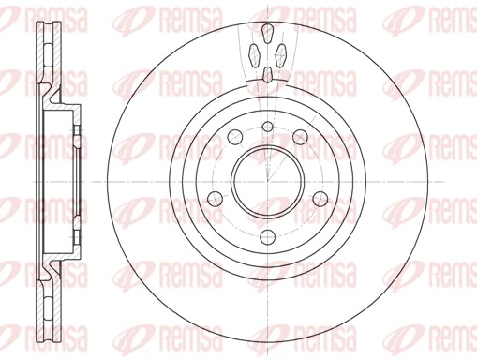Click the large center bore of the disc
point(267,179)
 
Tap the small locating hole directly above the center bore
point(267,127)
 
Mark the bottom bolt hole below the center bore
point(267,233)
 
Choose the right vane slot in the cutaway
point(280,52)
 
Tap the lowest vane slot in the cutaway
point(267,75)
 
